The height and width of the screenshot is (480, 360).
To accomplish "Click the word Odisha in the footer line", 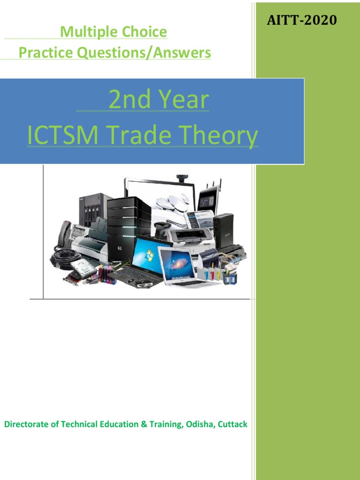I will (x=199, y=424).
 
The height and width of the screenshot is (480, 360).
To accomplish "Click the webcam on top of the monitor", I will (x=181, y=179).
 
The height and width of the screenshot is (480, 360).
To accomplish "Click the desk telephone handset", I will (x=63, y=233).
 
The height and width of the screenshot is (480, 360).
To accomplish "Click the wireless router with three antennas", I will (x=209, y=197).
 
